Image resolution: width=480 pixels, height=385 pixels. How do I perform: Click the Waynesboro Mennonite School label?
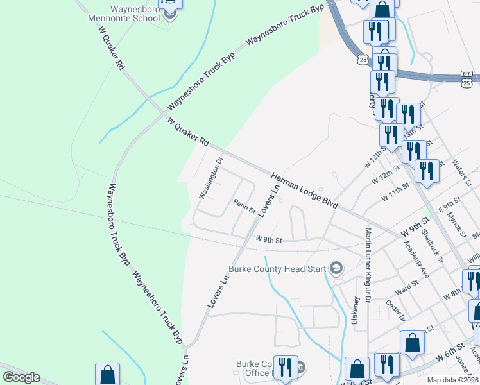click(x=125, y=13)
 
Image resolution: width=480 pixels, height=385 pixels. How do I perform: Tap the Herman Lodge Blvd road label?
click(x=304, y=189)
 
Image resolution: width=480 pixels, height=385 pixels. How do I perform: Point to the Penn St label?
click(x=244, y=206)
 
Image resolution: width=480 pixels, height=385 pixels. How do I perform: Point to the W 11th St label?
click(x=395, y=192)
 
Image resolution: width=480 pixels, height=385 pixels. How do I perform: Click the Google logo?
click(x=21, y=377)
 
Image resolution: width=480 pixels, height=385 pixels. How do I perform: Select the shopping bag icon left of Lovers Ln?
click(x=107, y=374)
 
